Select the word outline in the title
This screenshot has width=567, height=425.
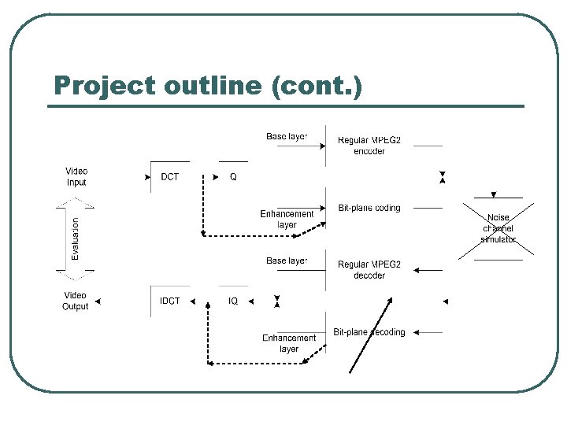click(213, 86)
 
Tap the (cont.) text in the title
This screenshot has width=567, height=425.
click(316, 86)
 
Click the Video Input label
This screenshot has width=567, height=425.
click(76, 177)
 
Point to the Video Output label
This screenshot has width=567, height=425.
click(76, 301)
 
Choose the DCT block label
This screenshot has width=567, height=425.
click(170, 177)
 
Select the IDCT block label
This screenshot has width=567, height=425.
click(170, 301)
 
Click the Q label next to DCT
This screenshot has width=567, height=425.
click(233, 177)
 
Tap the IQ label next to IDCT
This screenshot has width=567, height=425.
click(233, 301)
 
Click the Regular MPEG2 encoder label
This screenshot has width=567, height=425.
click(369, 146)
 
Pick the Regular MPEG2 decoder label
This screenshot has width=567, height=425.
click(369, 270)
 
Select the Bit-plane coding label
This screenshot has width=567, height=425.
click(369, 209)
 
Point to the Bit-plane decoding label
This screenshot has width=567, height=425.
click(369, 332)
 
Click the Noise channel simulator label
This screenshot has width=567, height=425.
click(498, 228)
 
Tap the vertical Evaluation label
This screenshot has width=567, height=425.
click(76, 239)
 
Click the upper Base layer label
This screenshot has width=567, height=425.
click(287, 137)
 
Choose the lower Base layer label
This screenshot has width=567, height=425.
click(287, 261)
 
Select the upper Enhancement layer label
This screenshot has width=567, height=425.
click(287, 220)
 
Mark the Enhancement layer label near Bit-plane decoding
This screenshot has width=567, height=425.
click(289, 344)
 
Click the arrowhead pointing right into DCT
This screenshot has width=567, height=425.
click(148, 178)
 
